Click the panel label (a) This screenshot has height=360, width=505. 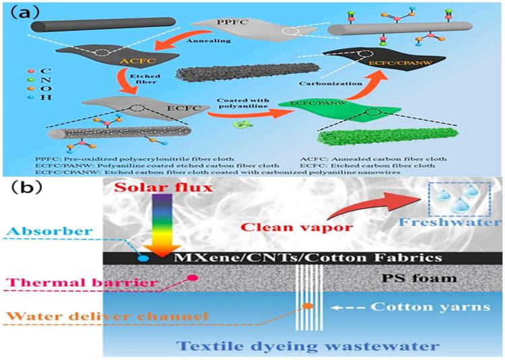pyautogui.click(x=25, y=11)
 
